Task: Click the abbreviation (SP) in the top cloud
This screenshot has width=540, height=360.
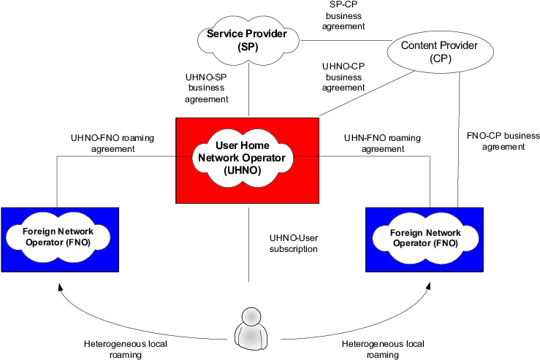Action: coord(248,47)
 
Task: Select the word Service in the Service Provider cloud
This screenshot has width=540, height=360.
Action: coord(225,34)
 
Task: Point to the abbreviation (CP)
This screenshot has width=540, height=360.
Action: coord(441,59)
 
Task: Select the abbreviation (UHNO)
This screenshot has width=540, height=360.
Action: coord(247,170)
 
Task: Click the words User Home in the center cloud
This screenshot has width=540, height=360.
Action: coord(247,146)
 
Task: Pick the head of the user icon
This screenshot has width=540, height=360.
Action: coord(251,316)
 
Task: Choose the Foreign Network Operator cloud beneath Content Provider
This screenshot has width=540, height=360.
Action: coord(425,239)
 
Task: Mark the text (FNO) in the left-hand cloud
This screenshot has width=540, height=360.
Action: coord(77,241)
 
